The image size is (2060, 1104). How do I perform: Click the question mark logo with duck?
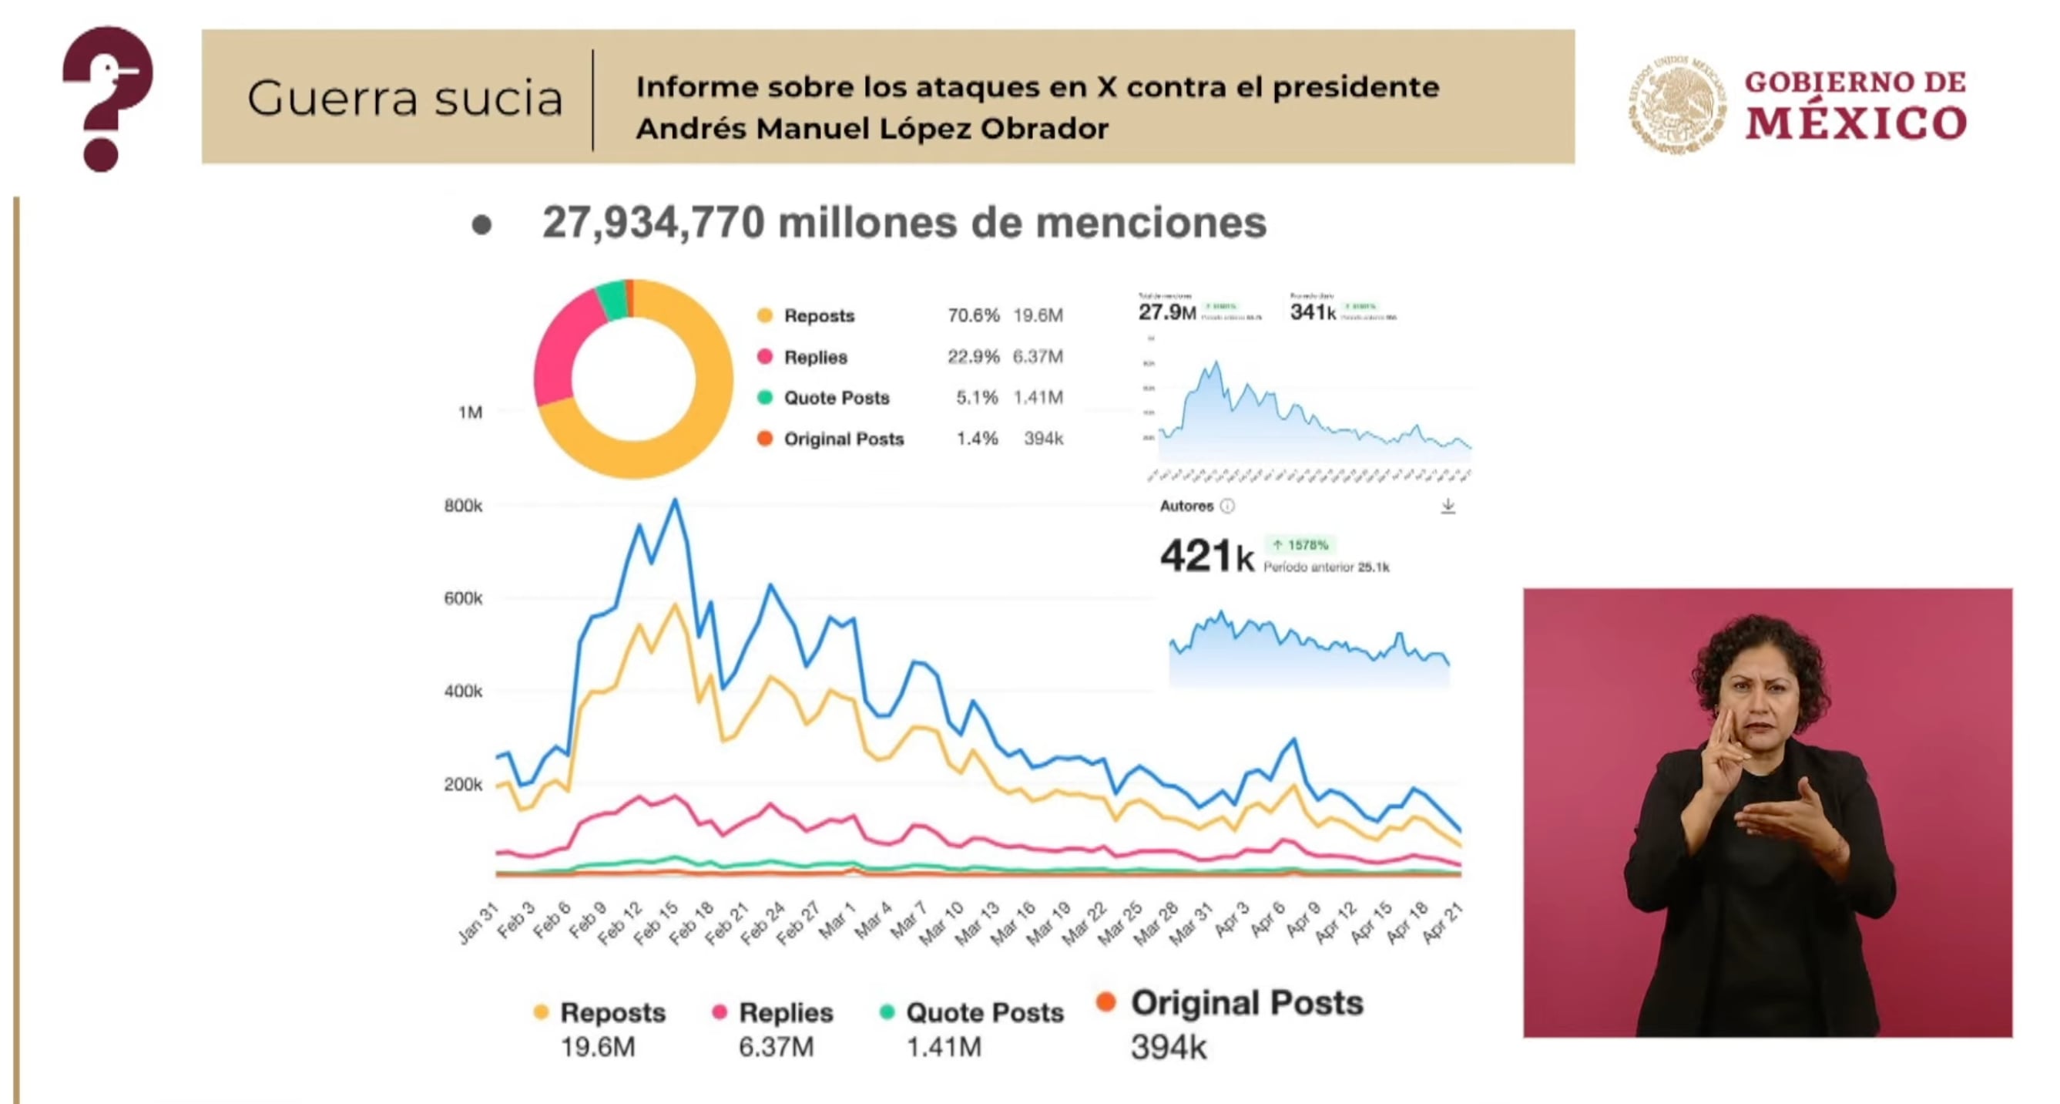(x=107, y=98)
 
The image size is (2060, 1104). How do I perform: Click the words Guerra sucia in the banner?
(x=404, y=99)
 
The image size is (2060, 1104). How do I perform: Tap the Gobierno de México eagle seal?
(x=1676, y=104)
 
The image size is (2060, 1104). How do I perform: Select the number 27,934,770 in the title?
(x=653, y=222)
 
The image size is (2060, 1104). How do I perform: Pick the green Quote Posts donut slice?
(x=612, y=300)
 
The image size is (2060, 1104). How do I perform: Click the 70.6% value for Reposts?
(x=972, y=315)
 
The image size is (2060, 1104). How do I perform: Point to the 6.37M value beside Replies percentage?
(x=1037, y=357)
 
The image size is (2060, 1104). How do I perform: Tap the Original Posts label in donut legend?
(x=843, y=439)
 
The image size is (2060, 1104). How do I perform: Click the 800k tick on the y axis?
(x=463, y=506)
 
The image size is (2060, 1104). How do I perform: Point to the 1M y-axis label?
(x=469, y=412)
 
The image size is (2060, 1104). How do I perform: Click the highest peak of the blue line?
(x=675, y=502)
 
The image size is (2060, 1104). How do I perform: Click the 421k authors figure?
(x=1206, y=556)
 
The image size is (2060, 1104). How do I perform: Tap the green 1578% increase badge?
(x=1300, y=545)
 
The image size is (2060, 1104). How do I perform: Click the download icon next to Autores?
(x=1448, y=507)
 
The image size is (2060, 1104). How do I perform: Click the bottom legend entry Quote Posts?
(x=984, y=1013)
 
